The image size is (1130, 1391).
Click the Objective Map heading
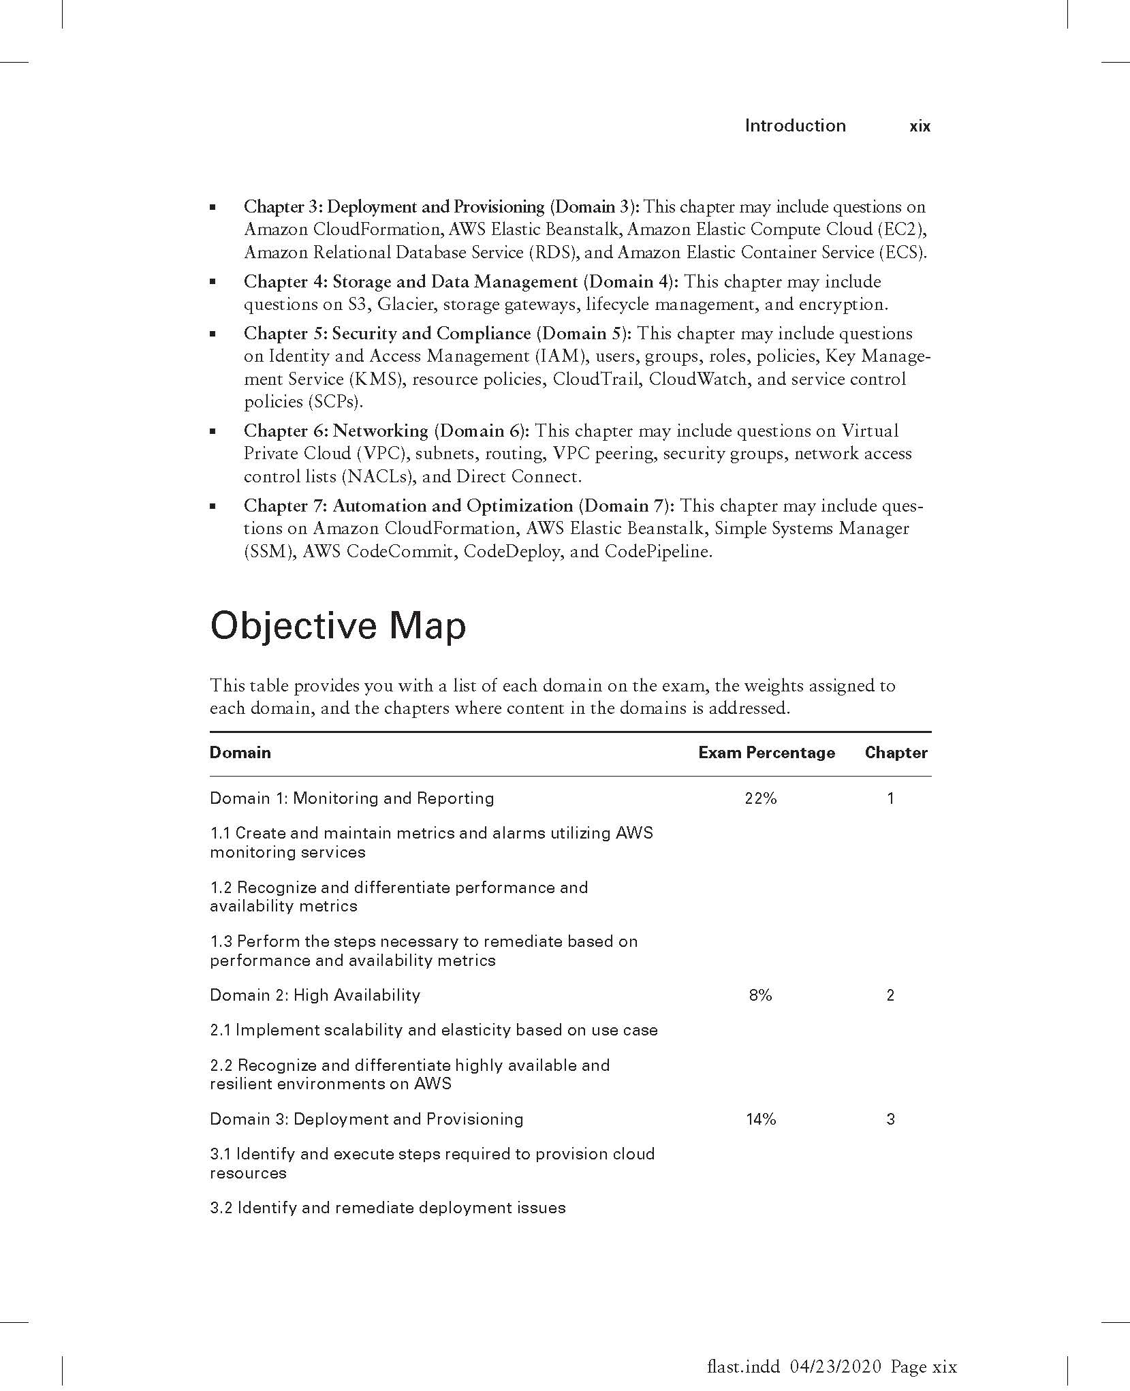tap(338, 626)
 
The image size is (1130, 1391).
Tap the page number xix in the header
tap(920, 126)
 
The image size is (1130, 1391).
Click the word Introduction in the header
tap(795, 125)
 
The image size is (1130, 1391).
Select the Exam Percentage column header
tap(766, 753)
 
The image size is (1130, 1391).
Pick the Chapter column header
tap(896, 753)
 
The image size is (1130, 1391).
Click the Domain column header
tap(240, 753)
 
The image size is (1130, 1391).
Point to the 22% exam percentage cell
tap(760, 798)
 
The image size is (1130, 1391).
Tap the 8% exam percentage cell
tap(760, 995)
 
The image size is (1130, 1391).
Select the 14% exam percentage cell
tap(760, 1119)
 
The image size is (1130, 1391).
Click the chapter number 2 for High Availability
tap(890, 995)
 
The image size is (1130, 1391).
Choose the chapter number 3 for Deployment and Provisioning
tap(890, 1119)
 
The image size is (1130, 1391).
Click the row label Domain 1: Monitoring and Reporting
tap(351, 798)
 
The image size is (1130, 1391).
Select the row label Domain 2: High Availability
tap(315, 995)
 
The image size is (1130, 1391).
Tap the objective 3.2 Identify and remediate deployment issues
tap(388, 1208)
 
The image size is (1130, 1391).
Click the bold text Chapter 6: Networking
tap(336, 431)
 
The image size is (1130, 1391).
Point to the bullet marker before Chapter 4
tap(213, 281)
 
